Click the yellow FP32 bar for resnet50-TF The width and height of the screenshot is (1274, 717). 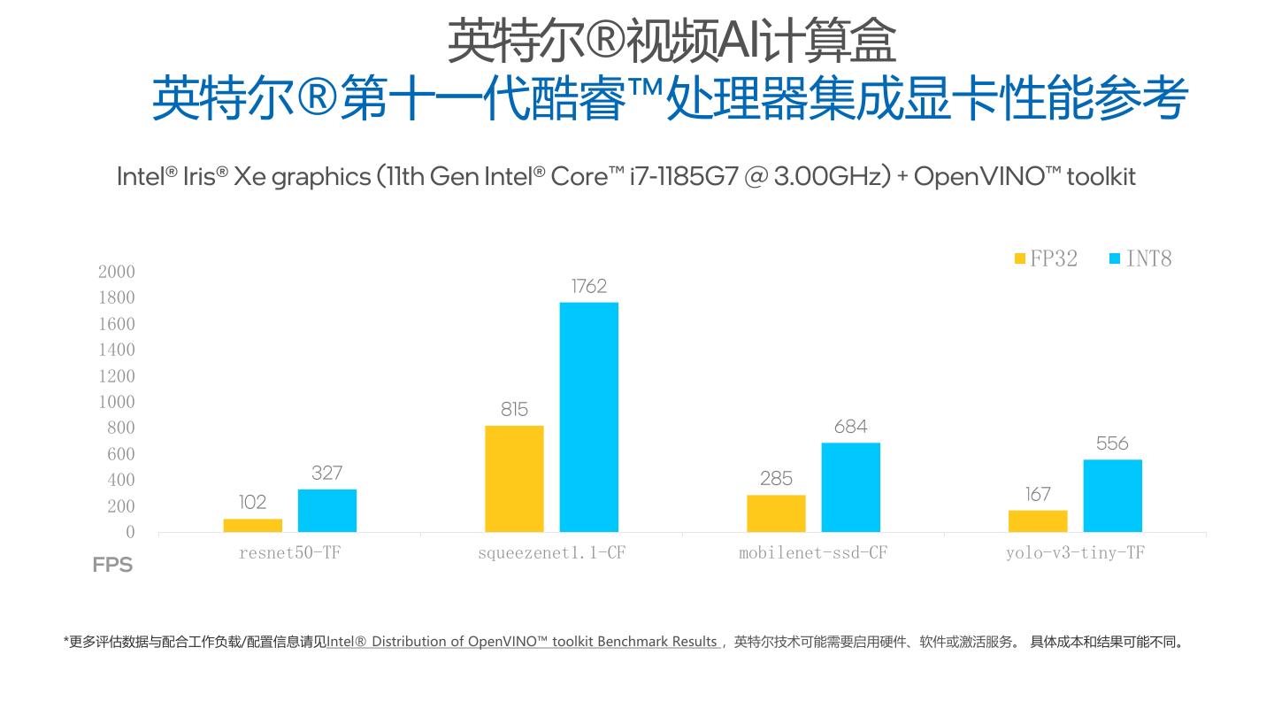[252, 525]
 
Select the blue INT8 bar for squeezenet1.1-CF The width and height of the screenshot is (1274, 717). [588, 417]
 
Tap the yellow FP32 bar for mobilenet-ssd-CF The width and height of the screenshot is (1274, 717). [776, 513]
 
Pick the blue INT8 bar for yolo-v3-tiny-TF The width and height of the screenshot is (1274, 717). [1112, 496]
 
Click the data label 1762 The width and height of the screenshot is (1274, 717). [589, 286]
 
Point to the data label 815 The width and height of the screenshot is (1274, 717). [514, 409]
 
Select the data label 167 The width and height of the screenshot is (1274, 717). [1038, 494]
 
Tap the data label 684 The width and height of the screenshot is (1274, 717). [850, 427]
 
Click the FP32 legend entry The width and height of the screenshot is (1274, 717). [1046, 258]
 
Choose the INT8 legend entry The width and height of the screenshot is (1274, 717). [1140, 258]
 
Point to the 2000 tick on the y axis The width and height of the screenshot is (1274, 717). [116, 272]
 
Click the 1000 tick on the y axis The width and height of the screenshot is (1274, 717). [116, 402]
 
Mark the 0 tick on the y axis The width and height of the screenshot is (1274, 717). [130, 532]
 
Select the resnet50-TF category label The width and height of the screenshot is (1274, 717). [289, 553]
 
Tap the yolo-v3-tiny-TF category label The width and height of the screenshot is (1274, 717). [1074, 553]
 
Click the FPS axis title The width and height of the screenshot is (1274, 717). [112, 565]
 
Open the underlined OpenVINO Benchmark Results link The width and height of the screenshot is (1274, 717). [522, 642]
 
